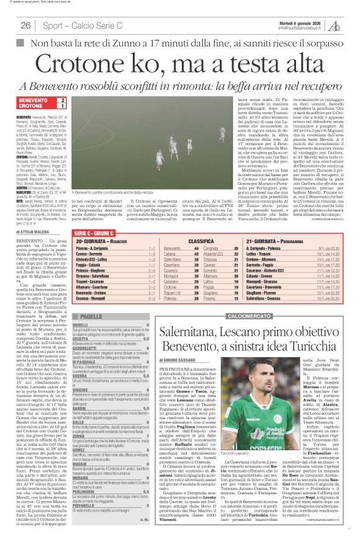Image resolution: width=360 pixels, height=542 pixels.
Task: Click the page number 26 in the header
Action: tap(25, 25)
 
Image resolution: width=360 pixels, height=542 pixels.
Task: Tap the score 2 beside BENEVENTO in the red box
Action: tap(62, 100)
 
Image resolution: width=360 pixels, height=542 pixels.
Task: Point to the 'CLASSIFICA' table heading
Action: tap(201, 239)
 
